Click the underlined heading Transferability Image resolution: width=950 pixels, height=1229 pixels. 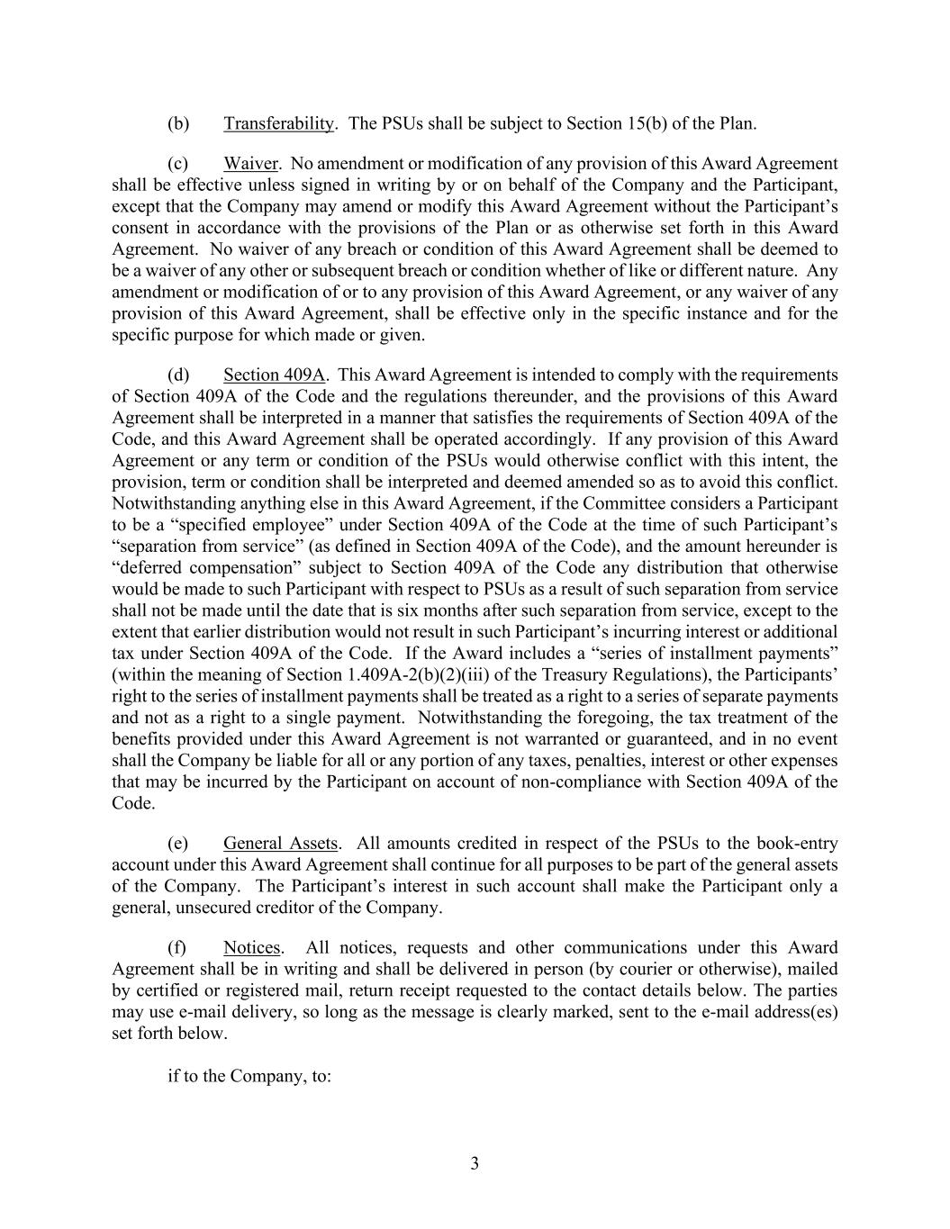pyautogui.click(x=278, y=123)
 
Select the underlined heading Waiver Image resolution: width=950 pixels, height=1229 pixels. pyautogui.click(x=250, y=164)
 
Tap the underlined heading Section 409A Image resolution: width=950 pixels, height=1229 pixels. pyautogui.click(x=275, y=375)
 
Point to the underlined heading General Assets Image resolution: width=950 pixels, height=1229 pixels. pyautogui.click(x=280, y=844)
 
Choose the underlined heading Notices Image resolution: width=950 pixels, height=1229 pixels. pyautogui.click(x=252, y=947)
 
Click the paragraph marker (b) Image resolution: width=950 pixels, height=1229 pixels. pyautogui.click(x=178, y=123)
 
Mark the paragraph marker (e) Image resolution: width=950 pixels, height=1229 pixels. pyautogui.click(x=178, y=844)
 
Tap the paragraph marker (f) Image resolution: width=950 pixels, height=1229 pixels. pyautogui.click(x=177, y=947)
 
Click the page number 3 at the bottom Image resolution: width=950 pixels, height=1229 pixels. pyautogui.click(x=475, y=1163)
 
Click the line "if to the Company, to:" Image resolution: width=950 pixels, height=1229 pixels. pyautogui.click(x=249, y=1076)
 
